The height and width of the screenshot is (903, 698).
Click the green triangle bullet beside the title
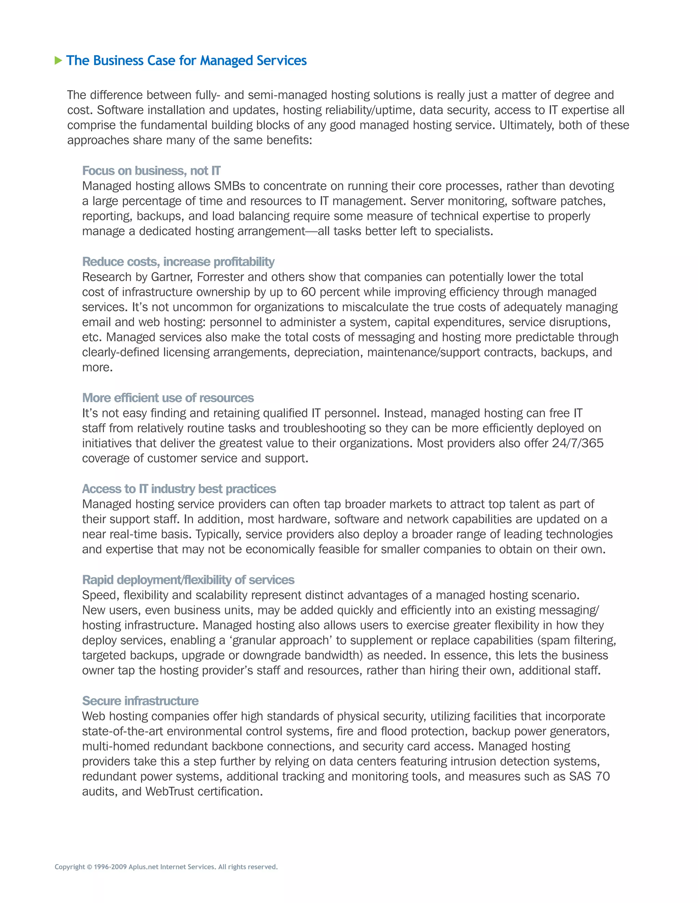coord(58,61)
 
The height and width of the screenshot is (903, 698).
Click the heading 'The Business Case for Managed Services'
coord(186,61)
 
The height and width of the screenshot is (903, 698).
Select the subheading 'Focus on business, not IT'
coord(151,171)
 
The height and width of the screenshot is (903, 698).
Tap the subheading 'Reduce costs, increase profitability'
coord(178,262)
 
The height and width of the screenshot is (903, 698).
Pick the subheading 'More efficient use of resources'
coord(168,398)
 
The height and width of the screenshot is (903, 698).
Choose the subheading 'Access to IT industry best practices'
coord(179,489)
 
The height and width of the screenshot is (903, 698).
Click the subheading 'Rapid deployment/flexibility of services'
coord(188,580)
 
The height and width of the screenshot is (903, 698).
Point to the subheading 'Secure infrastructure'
coord(140,701)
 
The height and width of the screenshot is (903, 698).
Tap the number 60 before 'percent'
coord(308,292)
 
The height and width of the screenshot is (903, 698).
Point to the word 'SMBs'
coord(229,186)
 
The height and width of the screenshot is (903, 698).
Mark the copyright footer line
coord(166,867)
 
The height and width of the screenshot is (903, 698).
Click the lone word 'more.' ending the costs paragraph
coord(97,368)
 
